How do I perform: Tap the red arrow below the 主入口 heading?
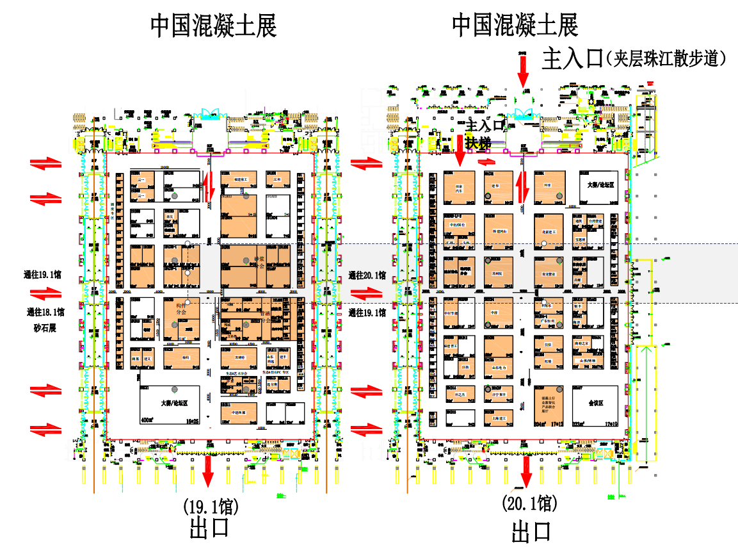524,70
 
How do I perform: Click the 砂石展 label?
44,328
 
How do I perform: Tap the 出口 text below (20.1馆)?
531,532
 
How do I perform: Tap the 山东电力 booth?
499,368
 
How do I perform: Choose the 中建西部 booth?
239,412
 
